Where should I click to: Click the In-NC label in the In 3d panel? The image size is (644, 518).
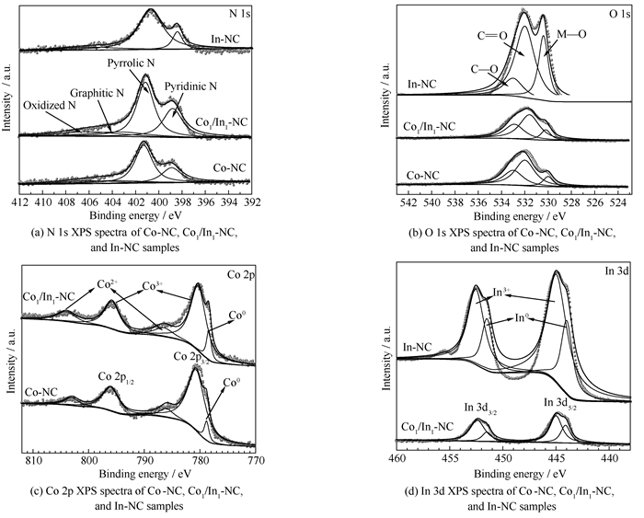coord(419,348)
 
